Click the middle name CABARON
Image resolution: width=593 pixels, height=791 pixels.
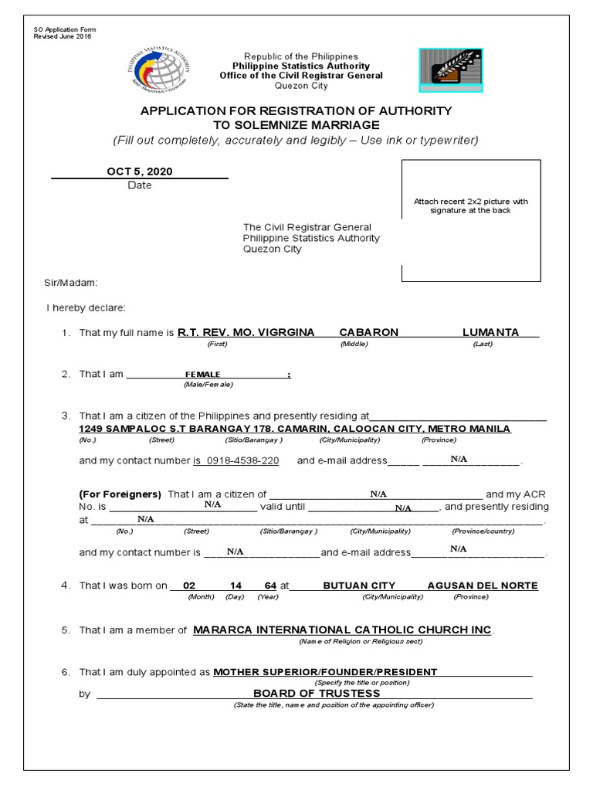point(369,332)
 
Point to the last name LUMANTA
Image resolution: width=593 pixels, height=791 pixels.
point(489,332)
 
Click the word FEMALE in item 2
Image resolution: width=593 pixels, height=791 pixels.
point(202,374)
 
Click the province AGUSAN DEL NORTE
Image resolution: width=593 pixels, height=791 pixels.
point(483,586)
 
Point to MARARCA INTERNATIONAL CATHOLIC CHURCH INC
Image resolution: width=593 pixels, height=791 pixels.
point(341,630)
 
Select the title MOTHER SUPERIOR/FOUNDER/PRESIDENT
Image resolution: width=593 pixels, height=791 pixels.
point(325,672)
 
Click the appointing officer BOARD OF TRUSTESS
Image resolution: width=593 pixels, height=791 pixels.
point(317,693)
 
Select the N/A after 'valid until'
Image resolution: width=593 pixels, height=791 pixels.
point(403,508)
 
